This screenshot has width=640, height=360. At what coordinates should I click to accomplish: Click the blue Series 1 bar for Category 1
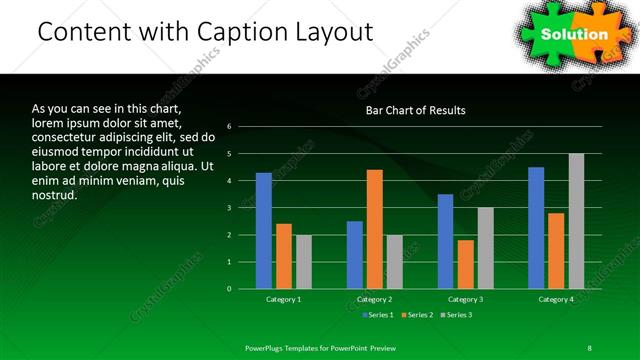pos(263,231)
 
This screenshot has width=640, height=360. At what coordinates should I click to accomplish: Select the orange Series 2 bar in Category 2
pos(375,229)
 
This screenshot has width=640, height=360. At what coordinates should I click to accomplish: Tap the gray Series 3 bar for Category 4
pos(576,221)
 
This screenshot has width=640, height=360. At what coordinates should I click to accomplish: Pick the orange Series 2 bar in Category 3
pos(466,264)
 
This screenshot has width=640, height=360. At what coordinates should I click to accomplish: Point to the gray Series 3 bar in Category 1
pos(303,262)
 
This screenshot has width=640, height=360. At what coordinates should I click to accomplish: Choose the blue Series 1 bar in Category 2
pos(355,255)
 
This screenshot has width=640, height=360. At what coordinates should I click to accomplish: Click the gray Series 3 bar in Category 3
pos(486,248)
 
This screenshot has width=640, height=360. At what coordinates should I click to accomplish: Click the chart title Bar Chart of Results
pos(415,110)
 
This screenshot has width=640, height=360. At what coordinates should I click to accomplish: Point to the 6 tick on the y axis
pos(229,127)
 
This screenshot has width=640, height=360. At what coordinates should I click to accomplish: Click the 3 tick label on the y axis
pos(229,208)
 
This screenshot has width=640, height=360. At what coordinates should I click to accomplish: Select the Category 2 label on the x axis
pos(374,299)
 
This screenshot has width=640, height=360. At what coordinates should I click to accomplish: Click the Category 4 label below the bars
pos(556,299)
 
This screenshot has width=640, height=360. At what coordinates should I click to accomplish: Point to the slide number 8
pos(589,348)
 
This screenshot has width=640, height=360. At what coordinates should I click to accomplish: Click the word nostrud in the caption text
pos(54,194)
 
